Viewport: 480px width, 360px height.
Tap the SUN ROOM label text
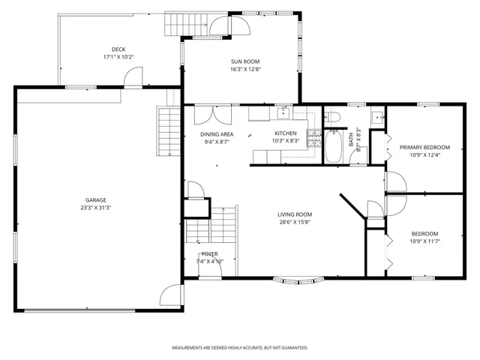(x=245, y=62)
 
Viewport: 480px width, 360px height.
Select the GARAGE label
(x=95, y=200)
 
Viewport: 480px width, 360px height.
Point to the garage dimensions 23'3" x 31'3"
(x=95, y=208)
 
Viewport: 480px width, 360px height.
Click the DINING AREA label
(x=217, y=134)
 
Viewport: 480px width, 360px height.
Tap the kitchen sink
(x=283, y=113)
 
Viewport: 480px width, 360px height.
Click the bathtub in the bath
(x=334, y=146)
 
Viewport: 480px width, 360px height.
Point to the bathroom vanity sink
(x=377, y=116)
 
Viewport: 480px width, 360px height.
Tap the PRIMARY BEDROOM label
(x=424, y=147)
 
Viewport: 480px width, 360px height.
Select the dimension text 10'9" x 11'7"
(x=424, y=241)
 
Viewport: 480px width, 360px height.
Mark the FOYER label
(x=209, y=254)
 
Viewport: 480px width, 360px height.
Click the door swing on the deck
(x=133, y=76)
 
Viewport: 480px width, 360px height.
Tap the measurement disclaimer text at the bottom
(x=239, y=348)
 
